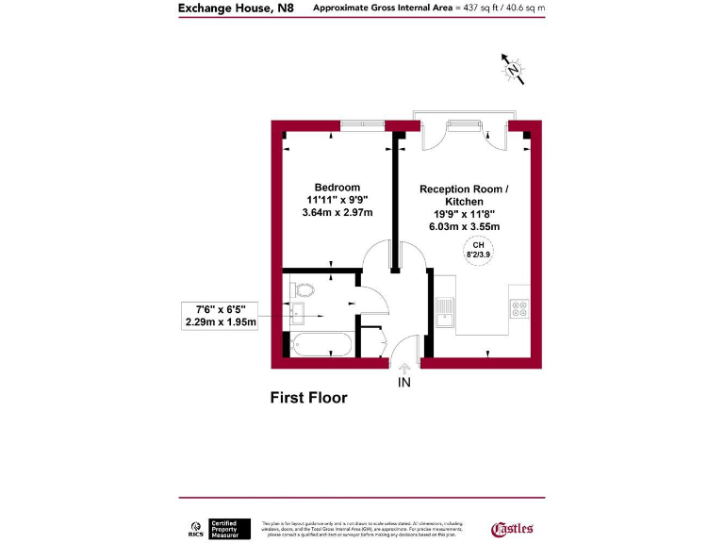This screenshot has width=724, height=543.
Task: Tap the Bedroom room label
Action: click(x=337, y=187)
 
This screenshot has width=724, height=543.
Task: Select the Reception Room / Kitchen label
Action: click(x=464, y=195)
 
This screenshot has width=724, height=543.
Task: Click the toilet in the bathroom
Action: click(x=303, y=289)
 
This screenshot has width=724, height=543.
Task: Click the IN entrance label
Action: click(x=404, y=383)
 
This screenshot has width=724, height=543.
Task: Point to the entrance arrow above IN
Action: click(x=404, y=370)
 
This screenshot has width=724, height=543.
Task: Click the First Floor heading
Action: click(x=309, y=398)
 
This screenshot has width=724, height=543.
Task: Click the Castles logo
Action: click(x=513, y=528)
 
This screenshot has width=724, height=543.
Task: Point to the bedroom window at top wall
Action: click(x=362, y=124)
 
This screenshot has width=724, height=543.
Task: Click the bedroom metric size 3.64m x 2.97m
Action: click(x=337, y=212)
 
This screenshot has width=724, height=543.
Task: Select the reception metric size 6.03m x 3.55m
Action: click(x=464, y=226)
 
